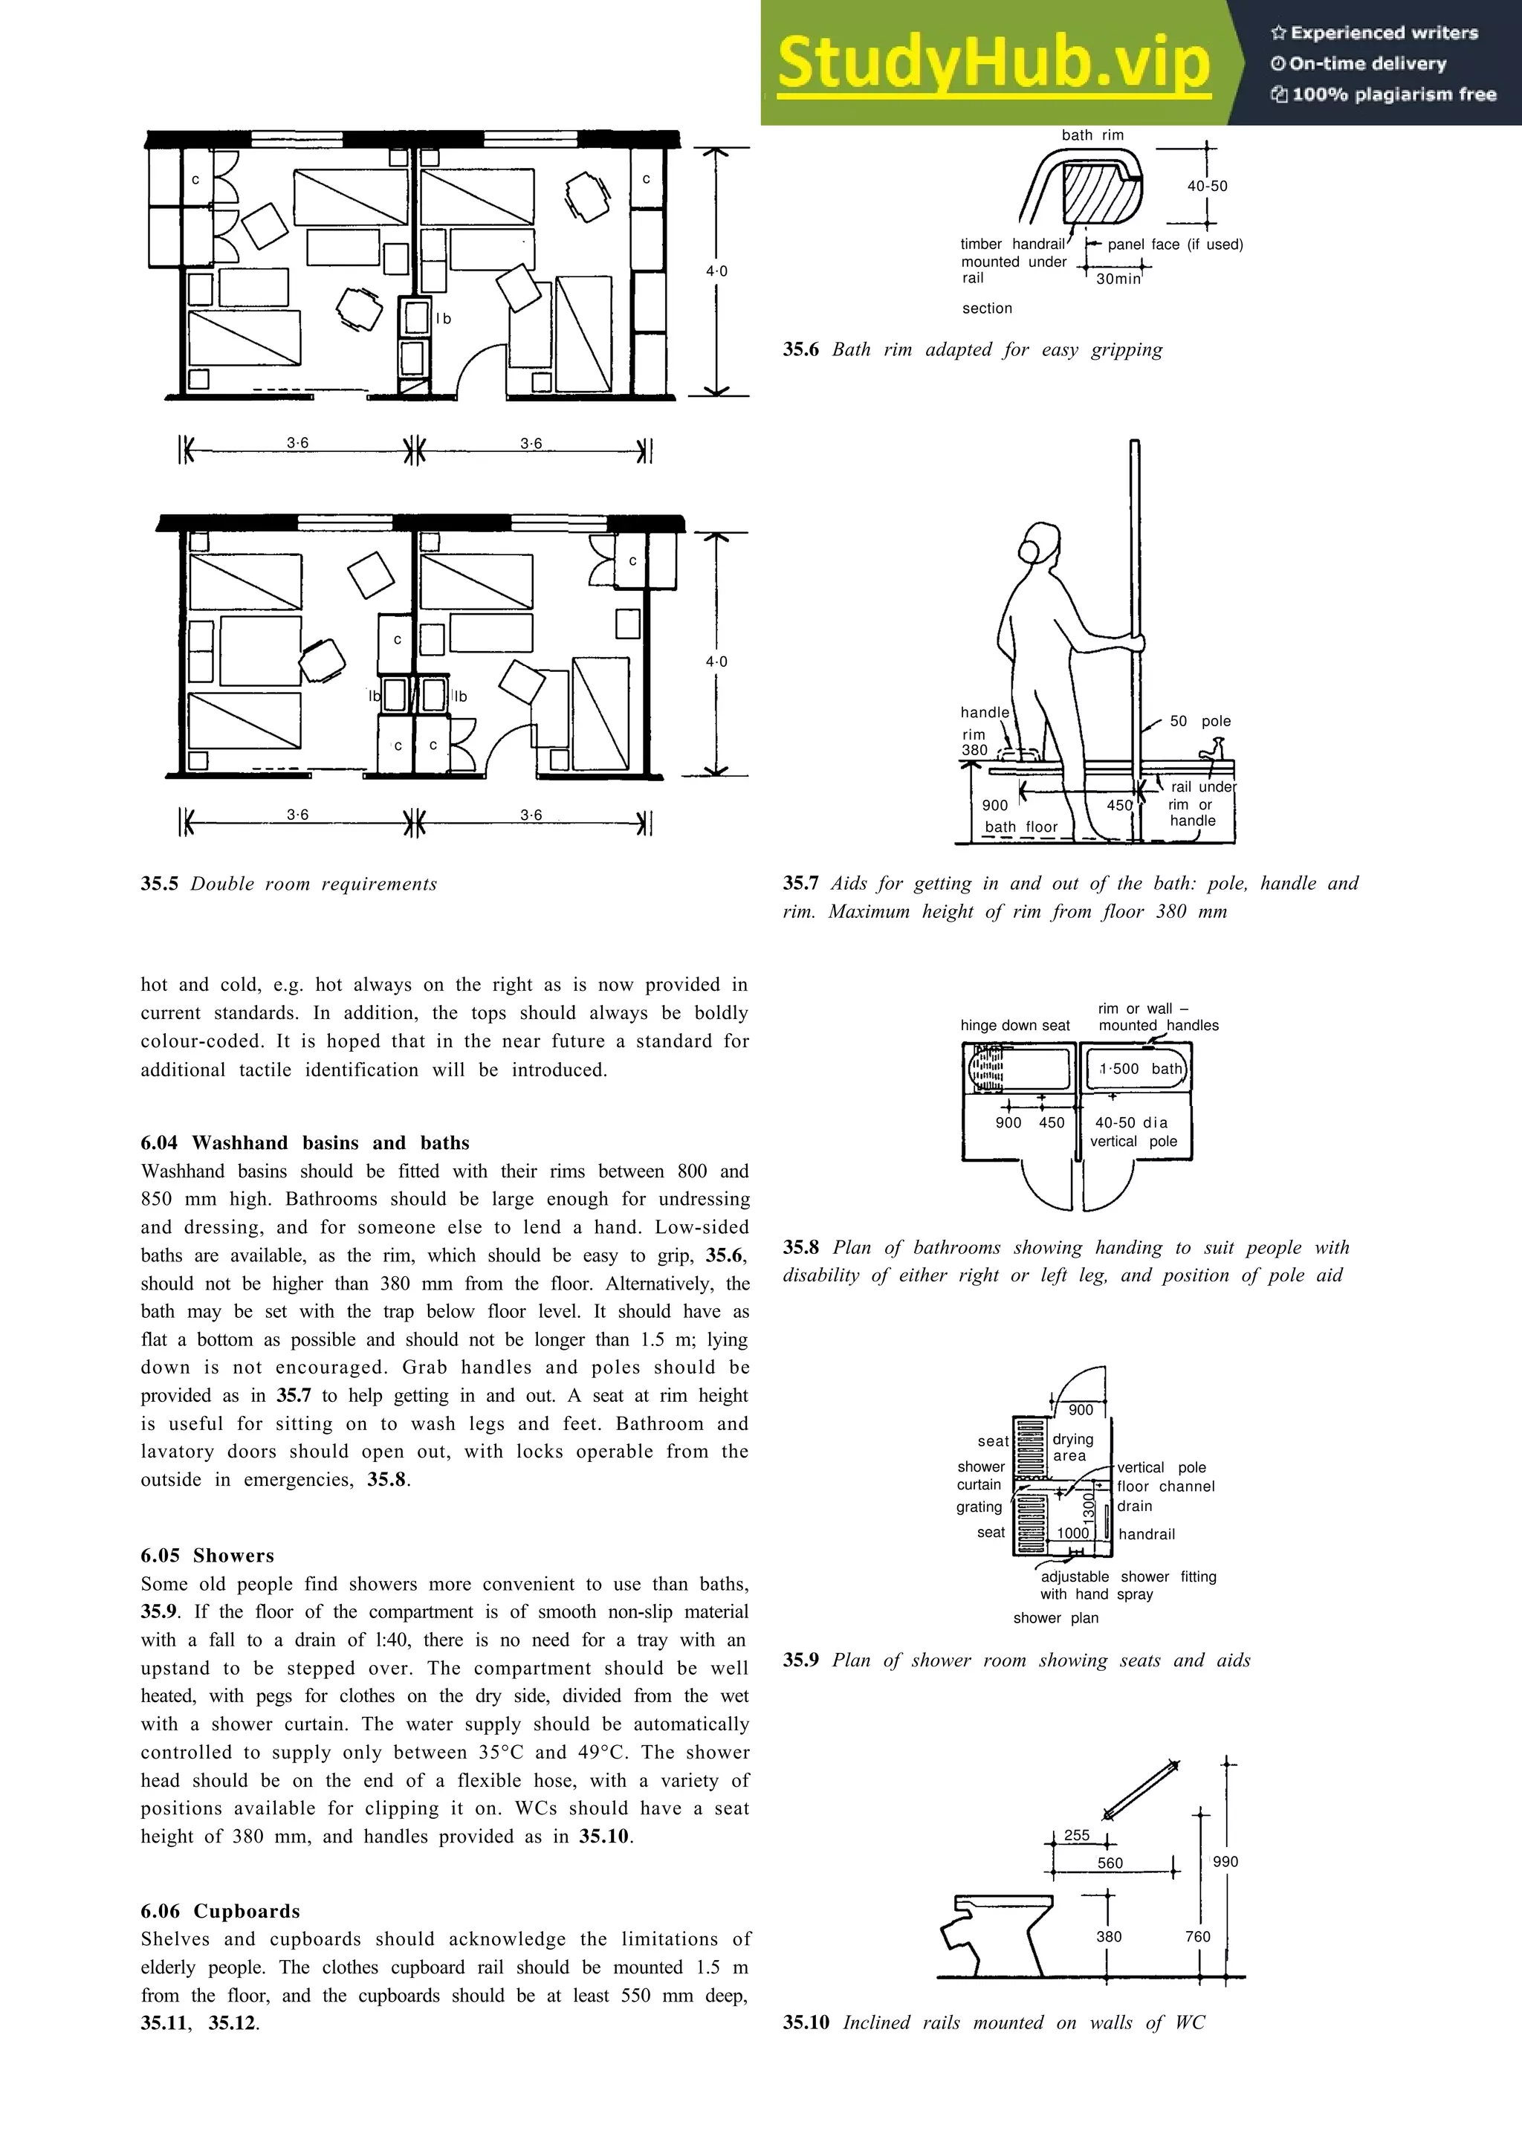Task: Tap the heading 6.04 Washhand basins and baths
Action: (x=305, y=1142)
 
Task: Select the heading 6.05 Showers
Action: (x=207, y=1556)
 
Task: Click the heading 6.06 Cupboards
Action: (x=221, y=1911)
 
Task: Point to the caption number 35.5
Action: (x=160, y=884)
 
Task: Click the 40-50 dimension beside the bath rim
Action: (x=1207, y=186)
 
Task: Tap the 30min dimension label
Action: (x=1118, y=279)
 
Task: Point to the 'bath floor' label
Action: (x=1020, y=827)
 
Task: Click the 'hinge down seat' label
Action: (x=1014, y=1026)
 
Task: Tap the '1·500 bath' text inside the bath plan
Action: (x=1139, y=1069)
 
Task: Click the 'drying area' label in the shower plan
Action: (x=1072, y=1446)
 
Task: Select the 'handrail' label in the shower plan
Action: (x=1146, y=1534)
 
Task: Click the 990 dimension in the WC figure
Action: (x=1225, y=1861)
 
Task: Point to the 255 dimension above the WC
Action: (x=1077, y=1835)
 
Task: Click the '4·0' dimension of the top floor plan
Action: (x=716, y=271)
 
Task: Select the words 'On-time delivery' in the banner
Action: (x=1367, y=64)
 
